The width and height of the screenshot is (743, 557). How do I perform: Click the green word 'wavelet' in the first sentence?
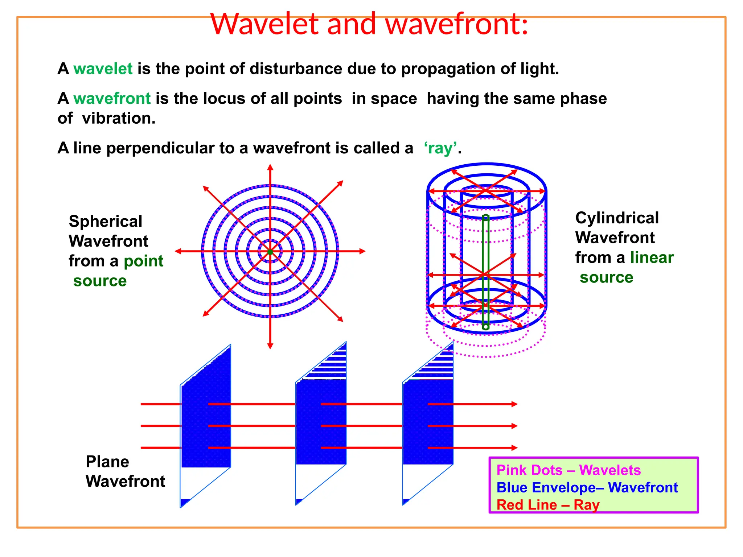click(103, 69)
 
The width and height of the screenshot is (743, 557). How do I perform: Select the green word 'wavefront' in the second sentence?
click(112, 99)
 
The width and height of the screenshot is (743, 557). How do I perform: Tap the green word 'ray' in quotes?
click(440, 148)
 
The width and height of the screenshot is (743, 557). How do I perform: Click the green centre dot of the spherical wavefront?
click(270, 252)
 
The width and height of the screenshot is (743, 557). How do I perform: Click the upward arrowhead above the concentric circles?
click(270, 168)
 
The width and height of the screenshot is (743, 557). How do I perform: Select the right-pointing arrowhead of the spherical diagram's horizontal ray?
click(362, 251)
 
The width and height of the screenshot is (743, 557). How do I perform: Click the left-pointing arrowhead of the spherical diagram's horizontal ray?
click(178, 251)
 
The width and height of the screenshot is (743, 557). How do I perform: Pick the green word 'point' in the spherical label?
click(144, 261)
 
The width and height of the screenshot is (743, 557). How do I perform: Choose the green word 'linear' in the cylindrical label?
click(652, 258)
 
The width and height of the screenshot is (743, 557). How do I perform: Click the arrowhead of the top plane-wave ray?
click(514, 404)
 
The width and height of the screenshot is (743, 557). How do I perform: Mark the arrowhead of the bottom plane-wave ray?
click(514, 448)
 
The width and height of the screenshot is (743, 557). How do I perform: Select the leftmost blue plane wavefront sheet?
click(206, 424)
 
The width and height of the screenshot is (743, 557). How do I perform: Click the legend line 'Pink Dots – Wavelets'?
click(568, 470)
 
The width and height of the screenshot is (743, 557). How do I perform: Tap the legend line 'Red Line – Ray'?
click(547, 505)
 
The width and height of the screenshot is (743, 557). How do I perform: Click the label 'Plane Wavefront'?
click(125, 471)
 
